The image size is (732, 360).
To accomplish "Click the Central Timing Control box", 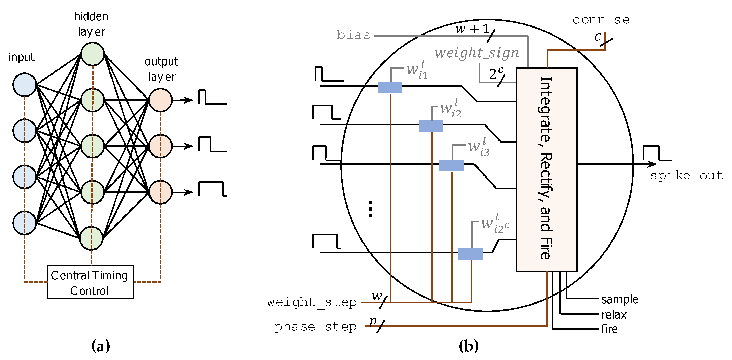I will (x=90, y=282).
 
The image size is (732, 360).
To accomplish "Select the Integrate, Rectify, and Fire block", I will (x=547, y=170).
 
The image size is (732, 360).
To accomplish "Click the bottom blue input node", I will (x=24, y=223).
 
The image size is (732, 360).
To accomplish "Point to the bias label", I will (x=354, y=36).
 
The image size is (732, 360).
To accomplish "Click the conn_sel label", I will (x=605, y=20).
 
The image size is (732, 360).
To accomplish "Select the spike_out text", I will (x=686, y=176).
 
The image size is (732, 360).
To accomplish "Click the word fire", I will (x=610, y=329).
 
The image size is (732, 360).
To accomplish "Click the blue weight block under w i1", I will (x=390, y=87).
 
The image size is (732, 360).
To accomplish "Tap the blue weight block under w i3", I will (x=451, y=165).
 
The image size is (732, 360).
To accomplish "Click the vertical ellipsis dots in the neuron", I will (x=370, y=209).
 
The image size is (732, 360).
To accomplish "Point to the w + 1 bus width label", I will (x=472, y=29).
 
